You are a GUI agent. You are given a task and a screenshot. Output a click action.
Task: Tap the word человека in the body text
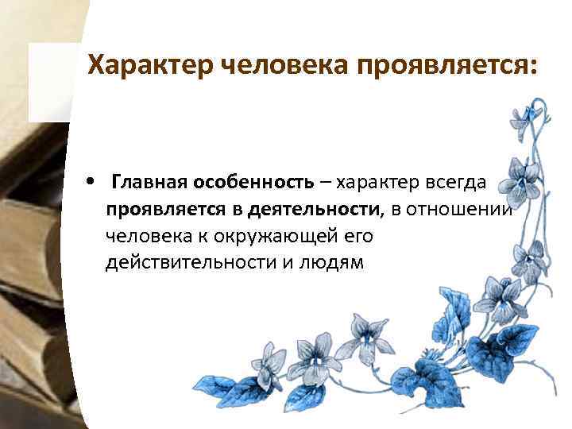(x=148, y=236)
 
